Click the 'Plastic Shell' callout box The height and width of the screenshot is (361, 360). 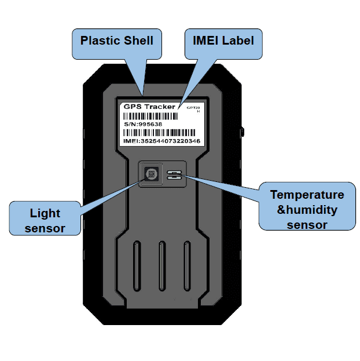coord(117,42)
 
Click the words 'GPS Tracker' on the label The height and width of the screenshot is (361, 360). coord(149,107)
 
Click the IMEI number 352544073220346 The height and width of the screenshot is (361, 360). coord(162,141)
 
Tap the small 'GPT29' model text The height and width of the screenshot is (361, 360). coord(193,108)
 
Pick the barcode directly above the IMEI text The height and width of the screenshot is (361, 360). coord(162,133)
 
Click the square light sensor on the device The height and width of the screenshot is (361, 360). coord(151,173)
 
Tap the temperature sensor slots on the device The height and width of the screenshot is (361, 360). coord(174,175)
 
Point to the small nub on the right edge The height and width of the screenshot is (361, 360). coord(243,130)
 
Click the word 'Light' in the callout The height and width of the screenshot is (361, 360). coord(45,213)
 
